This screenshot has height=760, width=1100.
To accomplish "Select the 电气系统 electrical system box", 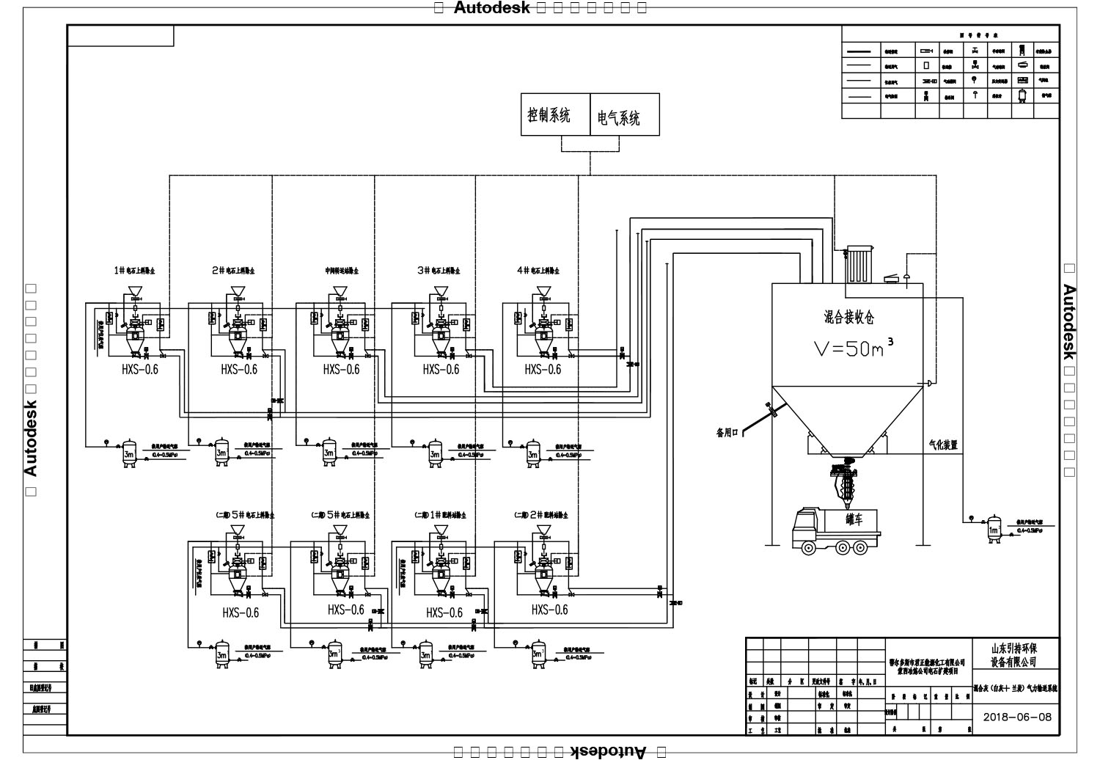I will pyautogui.click(x=624, y=115).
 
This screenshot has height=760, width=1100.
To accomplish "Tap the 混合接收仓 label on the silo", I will pyautogui.click(x=848, y=317).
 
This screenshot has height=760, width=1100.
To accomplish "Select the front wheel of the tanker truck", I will pyautogui.click(x=809, y=547).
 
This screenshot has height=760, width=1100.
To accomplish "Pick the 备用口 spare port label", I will pyautogui.click(x=729, y=432).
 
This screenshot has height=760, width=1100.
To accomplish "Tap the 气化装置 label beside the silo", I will pyautogui.click(x=943, y=445).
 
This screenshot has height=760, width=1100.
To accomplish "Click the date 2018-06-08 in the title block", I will pyautogui.click(x=1016, y=717).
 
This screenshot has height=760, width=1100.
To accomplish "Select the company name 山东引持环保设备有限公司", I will pyautogui.click(x=1014, y=655).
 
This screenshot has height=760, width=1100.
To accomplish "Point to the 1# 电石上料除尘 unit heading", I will pyautogui.click(x=133, y=270).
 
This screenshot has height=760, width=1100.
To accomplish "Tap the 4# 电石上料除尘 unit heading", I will pyautogui.click(x=538, y=270).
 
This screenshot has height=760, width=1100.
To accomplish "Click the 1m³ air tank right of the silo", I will pyautogui.click(x=994, y=529).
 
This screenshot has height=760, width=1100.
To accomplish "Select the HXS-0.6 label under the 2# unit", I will pyautogui.click(x=239, y=369).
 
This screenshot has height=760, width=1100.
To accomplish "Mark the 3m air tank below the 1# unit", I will pyautogui.click(x=130, y=453).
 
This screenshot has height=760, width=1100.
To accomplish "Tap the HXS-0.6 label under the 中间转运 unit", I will pyautogui.click(x=341, y=369).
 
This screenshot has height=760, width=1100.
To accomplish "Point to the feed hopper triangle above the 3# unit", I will pyautogui.click(x=441, y=291).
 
